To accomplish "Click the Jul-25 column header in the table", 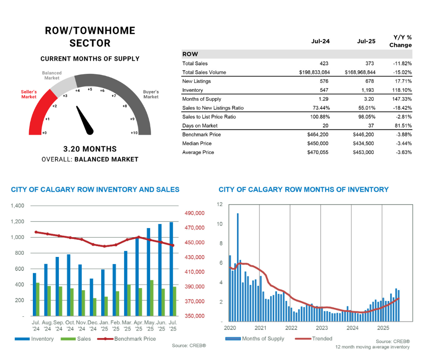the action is click(x=366, y=41).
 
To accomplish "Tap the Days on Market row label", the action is click(x=200, y=126).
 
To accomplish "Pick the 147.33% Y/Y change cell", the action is click(x=402, y=99).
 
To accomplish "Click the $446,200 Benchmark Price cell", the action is click(x=363, y=135).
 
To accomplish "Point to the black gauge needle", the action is click(x=85, y=120).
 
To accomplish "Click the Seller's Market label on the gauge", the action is click(x=29, y=94).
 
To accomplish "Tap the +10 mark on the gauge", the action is click(x=134, y=133).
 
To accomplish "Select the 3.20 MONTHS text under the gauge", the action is click(x=90, y=149).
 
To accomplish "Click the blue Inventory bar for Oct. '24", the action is click(x=69, y=285).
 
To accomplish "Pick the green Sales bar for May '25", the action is click(x=152, y=298).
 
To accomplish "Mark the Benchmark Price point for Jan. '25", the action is click(x=105, y=246).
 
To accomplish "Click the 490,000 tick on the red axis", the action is click(x=195, y=213).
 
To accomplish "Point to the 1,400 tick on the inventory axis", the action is click(x=18, y=206).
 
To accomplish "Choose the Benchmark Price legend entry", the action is click(x=126, y=338).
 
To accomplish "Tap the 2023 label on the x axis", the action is click(x=322, y=328).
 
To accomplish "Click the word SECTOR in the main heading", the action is click(x=90, y=43).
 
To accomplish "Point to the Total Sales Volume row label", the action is click(x=204, y=72).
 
